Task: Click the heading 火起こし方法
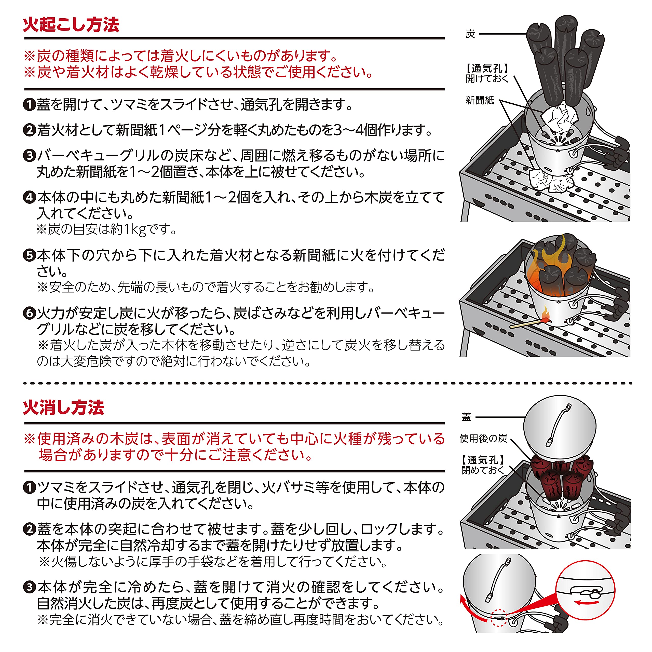(71, 25)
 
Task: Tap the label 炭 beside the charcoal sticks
(470, 34)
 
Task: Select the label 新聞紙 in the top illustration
(480, 100)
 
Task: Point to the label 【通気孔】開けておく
(487, 73)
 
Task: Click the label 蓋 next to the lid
(466, 417)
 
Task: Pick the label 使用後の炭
(483, 438)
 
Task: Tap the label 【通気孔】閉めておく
(483, 465)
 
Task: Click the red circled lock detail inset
(586, 591)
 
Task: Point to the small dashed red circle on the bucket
(498, 618)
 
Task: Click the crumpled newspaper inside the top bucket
(560, 118)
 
